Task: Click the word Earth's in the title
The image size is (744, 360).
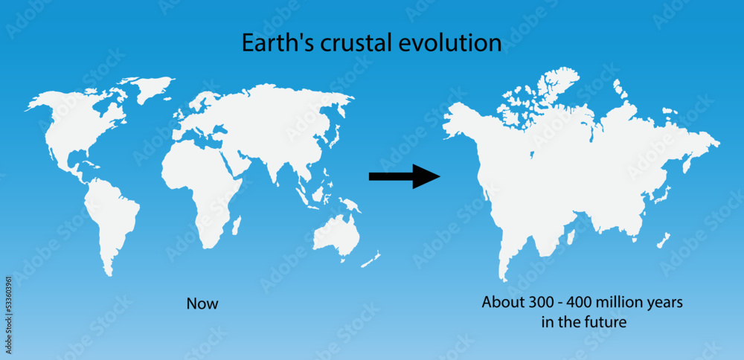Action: click(x=272, y=42)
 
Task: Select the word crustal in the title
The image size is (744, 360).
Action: click(x=345, y=42)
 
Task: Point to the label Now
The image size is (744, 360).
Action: click(x=202, y=303)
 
